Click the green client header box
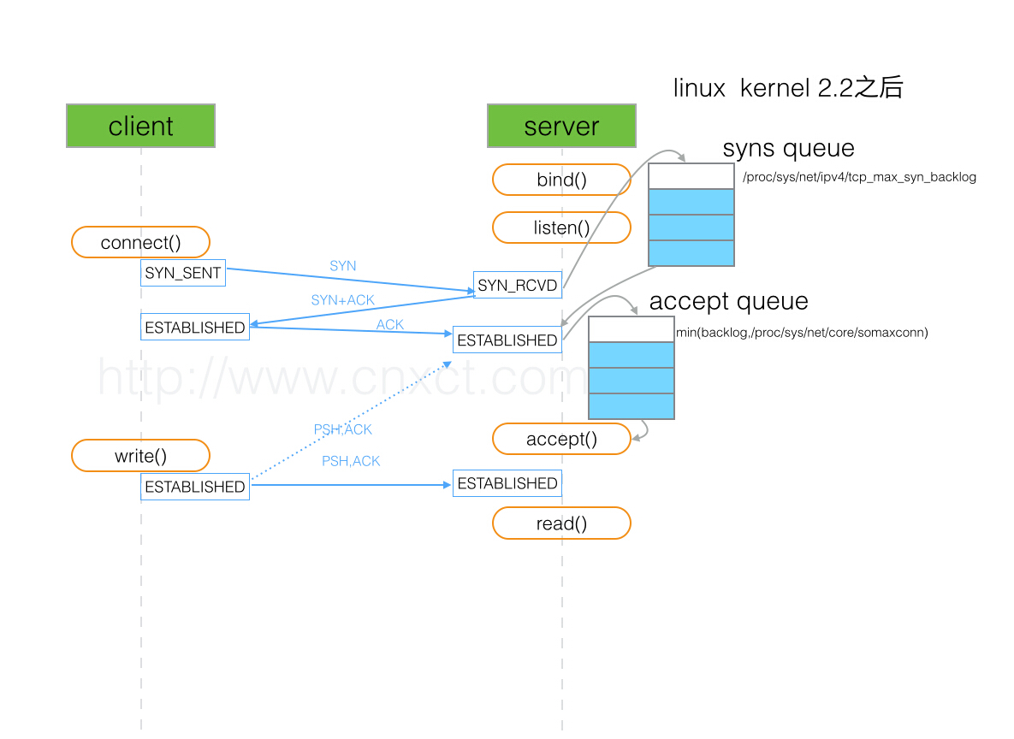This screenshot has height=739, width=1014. point(140,126)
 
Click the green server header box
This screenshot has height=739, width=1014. point(561,126)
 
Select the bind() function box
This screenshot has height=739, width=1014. point(561,180)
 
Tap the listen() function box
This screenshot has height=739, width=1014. point(561,228)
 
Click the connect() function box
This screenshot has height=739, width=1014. point(140,242)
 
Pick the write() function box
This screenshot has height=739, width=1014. point(140,455)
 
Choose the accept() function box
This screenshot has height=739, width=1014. point(561,439)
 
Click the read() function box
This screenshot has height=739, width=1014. point(561,523)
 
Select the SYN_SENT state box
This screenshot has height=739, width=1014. point(183,273)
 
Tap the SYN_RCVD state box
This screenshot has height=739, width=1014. point(517,285)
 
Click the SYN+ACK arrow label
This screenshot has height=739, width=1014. point(342,300)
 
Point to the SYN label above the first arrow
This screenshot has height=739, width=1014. point(342,266)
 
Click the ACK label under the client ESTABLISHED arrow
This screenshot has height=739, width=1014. point(390,325)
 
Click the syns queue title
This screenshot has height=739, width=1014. point(788,148)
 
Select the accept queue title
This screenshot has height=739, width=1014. point(728,301)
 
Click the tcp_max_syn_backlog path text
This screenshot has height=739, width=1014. point(859,177)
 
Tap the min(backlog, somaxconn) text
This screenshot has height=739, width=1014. point(802,332)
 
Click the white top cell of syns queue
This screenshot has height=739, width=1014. point(691,176)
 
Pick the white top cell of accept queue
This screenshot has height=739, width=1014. point(632,329)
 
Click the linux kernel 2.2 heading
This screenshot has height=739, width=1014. point(787,87)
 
